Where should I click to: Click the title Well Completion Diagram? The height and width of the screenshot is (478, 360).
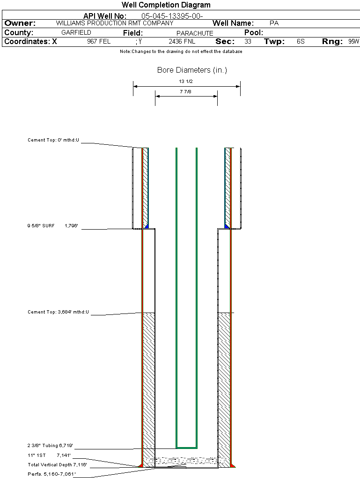(x=166, y=5)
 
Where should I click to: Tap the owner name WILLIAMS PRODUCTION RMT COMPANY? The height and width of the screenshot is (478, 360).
(x=114, y=23)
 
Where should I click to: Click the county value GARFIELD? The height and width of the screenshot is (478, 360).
(x=76, y=33)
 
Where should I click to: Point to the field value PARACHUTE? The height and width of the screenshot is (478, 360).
(x=195, y=33)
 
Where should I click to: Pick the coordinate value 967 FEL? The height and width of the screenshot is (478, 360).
(x=99, y=42)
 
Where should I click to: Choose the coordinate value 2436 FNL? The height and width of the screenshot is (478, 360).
(x=182, y=42)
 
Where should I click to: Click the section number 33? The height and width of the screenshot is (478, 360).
(x=248, y=42)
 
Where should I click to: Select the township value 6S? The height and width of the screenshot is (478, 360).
(x=301, y=42)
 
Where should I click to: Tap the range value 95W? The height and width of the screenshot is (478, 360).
(x=353, y=42)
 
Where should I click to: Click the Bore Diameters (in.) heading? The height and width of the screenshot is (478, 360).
(x=192, y=70)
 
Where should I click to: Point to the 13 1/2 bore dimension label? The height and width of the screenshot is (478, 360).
(x=186, y=82)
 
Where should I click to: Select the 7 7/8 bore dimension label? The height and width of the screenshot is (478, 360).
(x=186, y=92)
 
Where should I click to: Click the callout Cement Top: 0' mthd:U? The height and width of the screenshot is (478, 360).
(x=53, y=140)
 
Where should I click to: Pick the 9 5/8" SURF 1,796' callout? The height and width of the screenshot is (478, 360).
(x=52, y=226)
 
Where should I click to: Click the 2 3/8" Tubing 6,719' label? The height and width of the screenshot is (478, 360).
(x=50, y=446)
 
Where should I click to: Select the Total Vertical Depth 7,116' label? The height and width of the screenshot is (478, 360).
(x=57, y=464)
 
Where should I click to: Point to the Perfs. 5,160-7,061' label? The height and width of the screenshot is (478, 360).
(x=51, y=474)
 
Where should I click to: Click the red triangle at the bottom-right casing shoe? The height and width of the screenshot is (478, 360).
(x=233, y=465)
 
